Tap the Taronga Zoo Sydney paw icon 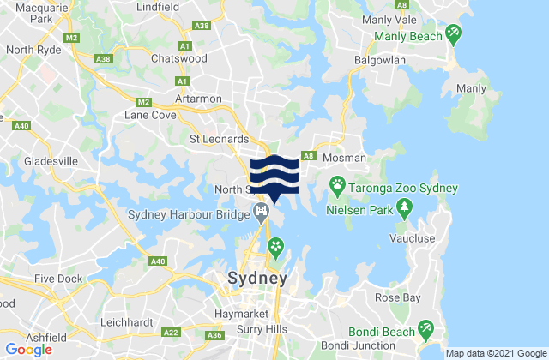coord(339,185)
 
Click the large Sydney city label coord(256,279)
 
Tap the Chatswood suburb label coord(176,59)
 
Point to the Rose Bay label coord(395,298)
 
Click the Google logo coord(27,349)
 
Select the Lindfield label coord(155,7)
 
